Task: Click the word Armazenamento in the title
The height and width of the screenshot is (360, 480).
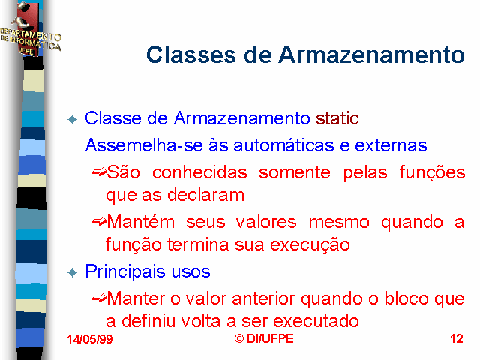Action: point(372,55)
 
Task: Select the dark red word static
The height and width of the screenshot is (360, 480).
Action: point(337,118)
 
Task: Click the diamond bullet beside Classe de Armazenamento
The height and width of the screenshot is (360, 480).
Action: point(73,119)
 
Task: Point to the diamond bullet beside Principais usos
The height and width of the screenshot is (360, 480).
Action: point(73,272)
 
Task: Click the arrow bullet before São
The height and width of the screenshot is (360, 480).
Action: point(99,172)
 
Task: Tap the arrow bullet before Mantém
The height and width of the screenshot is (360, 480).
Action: point(99,222)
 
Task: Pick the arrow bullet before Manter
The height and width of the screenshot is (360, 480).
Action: point(99,298)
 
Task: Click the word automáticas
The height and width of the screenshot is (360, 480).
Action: point(283,145)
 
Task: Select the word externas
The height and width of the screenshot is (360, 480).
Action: point(391,145)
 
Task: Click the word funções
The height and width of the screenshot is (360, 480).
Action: point(432,172)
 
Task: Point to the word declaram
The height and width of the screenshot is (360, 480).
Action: point(205,195)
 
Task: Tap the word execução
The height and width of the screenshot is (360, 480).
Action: point(310,245)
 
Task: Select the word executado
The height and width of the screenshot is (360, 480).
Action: point(316,321)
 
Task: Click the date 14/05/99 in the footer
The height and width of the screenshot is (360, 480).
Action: point(90,339)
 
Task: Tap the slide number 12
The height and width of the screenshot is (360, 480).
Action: point(457,338)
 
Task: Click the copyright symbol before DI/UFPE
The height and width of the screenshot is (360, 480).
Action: point(239,338)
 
